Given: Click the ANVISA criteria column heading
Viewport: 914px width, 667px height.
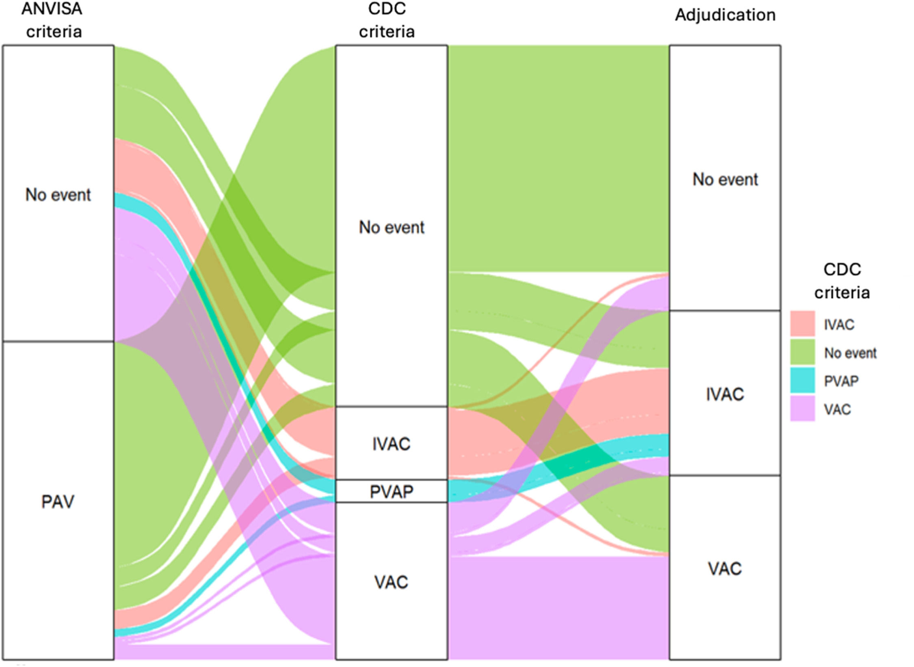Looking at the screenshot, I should coord(53,20).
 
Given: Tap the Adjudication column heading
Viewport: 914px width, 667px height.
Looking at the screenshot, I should coord(725,15).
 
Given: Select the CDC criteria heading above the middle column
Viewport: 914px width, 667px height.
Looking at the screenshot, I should coord(387,20).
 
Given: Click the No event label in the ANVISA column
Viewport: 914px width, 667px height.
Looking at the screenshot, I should coord(58,195).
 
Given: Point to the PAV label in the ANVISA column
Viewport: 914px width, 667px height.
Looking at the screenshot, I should coord(58,502).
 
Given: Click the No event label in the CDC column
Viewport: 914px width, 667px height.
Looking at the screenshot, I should coord(392,227).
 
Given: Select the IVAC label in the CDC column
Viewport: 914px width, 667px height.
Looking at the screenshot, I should coord(392,444).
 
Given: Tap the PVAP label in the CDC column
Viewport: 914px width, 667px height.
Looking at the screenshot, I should coord(392,492).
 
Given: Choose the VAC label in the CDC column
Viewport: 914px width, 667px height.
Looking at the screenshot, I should coord(391,583).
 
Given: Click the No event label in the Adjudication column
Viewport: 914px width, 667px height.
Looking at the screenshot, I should coord(725,179).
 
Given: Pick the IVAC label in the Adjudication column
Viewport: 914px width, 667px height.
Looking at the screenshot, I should coord(725,395).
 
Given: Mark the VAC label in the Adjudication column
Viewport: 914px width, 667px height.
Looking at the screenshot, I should coord(725,569).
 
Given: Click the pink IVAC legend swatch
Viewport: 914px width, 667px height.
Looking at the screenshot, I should coord(802,324).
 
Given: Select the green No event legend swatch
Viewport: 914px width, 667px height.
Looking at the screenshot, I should coord(802,352).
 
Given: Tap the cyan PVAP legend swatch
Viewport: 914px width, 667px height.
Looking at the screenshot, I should coord(802,380).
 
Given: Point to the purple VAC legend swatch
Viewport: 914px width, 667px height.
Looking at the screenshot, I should coord(802,408).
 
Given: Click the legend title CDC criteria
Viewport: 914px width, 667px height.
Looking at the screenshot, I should coord(842,281).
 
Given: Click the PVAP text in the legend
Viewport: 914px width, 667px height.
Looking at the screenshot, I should coord(841,381).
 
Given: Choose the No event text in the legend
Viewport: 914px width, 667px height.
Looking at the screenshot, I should coord(850,353).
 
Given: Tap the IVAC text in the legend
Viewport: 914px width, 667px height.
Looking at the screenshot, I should coord(839,325).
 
